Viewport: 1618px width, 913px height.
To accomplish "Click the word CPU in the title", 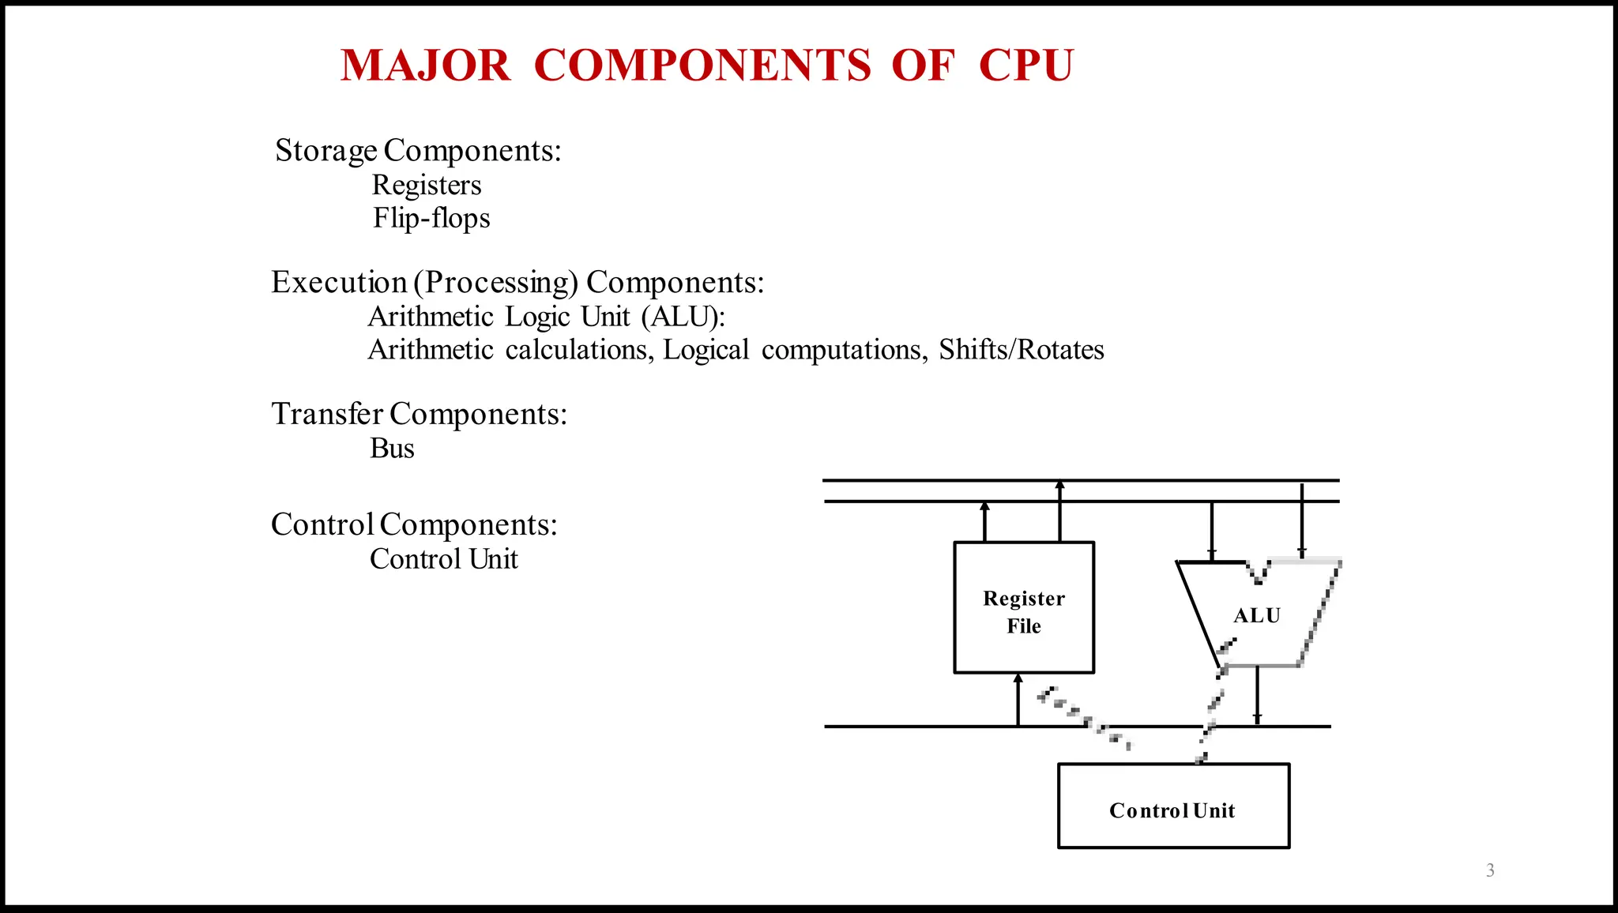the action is (x=1025, y=65).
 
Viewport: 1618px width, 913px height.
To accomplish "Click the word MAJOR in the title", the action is (x=425, y=65).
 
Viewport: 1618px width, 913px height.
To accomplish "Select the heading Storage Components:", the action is (x=418, y=150).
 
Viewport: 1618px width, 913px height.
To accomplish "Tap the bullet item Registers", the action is (x=427, y=185).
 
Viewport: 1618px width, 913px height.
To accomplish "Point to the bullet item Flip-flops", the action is (x=431, y=218).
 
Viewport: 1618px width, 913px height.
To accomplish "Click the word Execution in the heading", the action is (x=339, y=282).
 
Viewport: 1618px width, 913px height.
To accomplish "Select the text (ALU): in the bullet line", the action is (x=683, y=317).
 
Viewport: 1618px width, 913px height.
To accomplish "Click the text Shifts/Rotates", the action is (x=1021, y=350).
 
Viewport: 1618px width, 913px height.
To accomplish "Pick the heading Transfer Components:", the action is (x=419, y=414).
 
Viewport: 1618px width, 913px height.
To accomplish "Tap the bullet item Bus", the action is (x=392, y=449).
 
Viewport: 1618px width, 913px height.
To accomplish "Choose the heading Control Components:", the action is (x=414, y=524).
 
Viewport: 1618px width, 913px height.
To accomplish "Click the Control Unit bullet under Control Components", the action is (x=443, y=559).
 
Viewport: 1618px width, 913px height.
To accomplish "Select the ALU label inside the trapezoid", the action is (x=1257, y=615).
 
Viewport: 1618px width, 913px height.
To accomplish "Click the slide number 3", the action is (x=1490, y=870).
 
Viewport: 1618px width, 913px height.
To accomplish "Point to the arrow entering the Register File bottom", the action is (x=1018, y=699).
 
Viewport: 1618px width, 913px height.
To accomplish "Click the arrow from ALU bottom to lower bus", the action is (x=1257, y=696).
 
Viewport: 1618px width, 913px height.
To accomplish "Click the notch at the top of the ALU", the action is (x=1258, y=573).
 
